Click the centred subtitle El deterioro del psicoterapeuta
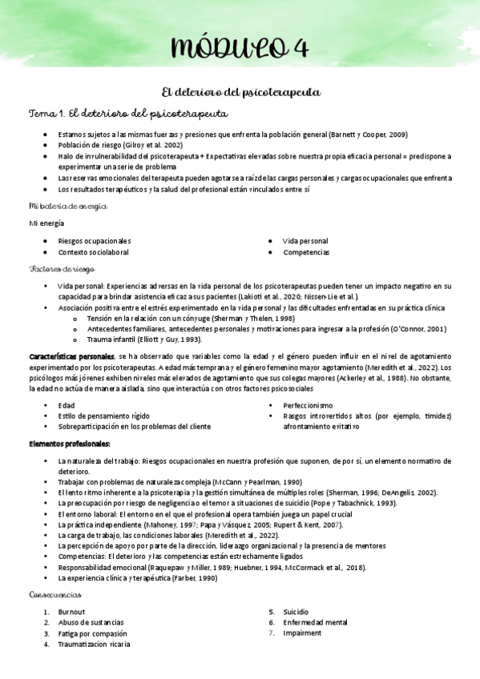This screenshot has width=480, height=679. (241, 93)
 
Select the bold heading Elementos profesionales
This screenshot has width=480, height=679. (70, 443)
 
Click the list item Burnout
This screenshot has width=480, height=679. (72, 611)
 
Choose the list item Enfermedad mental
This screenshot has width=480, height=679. (315, 622)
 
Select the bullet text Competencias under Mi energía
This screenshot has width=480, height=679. (305, 252)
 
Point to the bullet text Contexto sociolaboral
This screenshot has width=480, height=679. (94, 252)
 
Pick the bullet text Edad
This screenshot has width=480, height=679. (67, 405)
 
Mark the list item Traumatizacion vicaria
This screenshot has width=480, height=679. (95, 644)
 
